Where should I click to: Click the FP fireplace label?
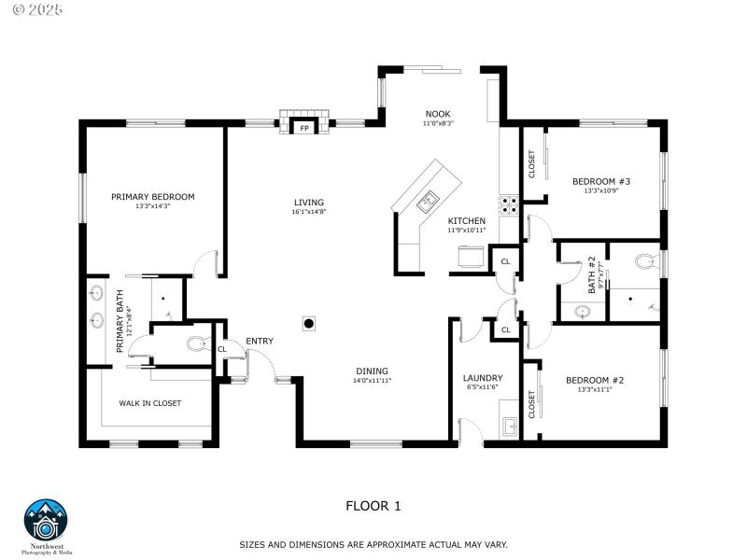[303, 129]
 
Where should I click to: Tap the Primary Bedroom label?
[152, 197]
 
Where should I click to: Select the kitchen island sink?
[429, 199]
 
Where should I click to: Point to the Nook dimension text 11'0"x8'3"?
[437, 123]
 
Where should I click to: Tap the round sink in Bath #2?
[583, 312]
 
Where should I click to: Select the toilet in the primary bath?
[196, 344]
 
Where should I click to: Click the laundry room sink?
[509, 427]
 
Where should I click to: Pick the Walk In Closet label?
[149, 403]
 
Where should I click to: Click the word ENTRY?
[260, 341]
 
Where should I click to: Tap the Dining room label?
[371, 371]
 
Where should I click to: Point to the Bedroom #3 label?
[601, 181]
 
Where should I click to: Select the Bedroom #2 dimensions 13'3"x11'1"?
[595, 389]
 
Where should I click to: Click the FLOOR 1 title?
[373, 506]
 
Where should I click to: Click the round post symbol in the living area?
[308, 324]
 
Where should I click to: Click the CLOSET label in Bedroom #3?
[532, 164]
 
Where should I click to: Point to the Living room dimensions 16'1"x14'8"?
[308, 212]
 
